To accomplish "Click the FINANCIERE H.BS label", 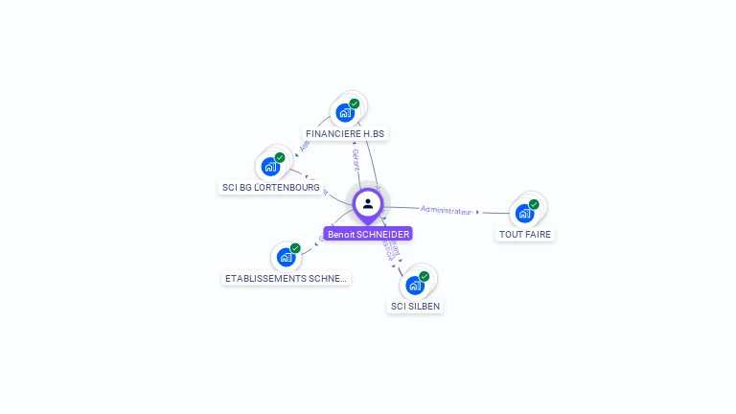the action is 345,133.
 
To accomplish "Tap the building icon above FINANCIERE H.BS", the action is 345,113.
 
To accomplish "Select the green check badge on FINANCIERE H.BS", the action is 355,103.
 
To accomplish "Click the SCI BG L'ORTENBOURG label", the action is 270,188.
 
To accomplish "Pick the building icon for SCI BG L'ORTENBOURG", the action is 271,167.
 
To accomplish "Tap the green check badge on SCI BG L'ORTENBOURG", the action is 280,157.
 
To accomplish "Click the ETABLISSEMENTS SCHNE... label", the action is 287,279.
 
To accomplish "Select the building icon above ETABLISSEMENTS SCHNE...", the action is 286,258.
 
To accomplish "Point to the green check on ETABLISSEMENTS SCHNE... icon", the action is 295,248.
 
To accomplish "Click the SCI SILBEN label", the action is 416,307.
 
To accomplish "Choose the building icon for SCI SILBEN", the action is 415,286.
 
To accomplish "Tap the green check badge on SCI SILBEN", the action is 425,276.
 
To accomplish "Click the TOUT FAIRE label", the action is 525,234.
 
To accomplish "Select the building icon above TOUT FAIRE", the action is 524,214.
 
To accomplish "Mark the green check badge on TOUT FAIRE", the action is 534,204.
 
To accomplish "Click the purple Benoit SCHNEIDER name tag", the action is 368,234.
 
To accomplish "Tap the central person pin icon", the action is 368,203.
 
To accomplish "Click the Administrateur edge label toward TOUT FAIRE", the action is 447,210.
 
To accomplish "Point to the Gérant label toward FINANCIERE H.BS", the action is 356,160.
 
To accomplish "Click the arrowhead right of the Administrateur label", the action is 477,212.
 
